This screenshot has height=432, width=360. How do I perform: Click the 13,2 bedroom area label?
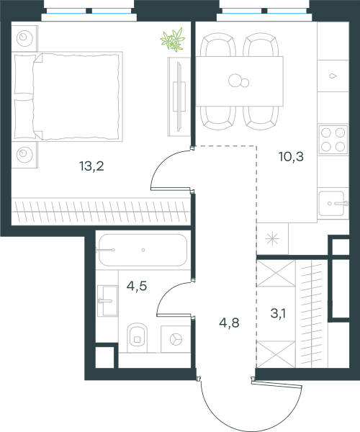pyautogui.click(x=91, y=166)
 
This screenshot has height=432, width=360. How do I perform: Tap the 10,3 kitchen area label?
pyautogui.click(x=291, y=156)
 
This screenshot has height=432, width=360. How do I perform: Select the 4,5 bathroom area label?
pyautogui.click(x=137, y=287)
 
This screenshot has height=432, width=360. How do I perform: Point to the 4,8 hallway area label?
pyautogui.click(x=229, y=323)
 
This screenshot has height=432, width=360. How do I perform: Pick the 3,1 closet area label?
pyautogui.click(x=278, y=313)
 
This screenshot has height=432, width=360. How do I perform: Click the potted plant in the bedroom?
pyautogui.click(x=173, y=40)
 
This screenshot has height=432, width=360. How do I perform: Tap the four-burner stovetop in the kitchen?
pyautogui.click(x=333, y=140)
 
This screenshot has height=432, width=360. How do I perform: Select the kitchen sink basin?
pyautogui.click(x=332, y=204)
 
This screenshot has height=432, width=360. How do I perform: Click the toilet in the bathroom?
pyautogui.click(x=138, y=338)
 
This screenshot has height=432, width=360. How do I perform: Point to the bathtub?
pyautogui.click(x=143, y=250)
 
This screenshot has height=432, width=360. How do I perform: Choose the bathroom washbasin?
pyautogui.click(x=108, y=301)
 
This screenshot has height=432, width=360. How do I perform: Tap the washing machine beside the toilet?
pyautogui.click(x=176, y=339)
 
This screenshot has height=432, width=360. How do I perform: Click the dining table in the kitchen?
pyautogui.click(x=240, y=81)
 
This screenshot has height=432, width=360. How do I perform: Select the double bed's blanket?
pyautogui.click(x=76, y=96)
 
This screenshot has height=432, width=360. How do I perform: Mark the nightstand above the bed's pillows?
pyautogui.click(x=24, y=37)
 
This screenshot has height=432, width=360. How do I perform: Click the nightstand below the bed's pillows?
pyautogui.click(x=24, y=155)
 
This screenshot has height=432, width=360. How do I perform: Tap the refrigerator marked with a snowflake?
pyautogui.click(x=272, y=238)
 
